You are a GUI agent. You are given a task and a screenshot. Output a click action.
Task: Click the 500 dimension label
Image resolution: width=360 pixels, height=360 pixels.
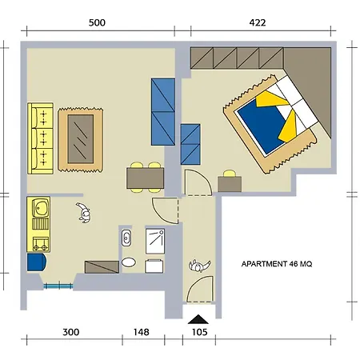pyautogui.click(x=97, y=22)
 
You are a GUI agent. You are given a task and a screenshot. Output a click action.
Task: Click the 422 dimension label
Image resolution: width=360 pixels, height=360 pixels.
pyautogui.click(x=258, y=22)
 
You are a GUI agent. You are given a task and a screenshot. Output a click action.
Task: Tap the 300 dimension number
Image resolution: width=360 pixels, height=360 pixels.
pyautogui.click(x=71, y=332)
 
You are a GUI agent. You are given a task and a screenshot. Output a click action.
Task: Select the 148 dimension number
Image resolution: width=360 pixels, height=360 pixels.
pyautogui.click(x=142, y=332)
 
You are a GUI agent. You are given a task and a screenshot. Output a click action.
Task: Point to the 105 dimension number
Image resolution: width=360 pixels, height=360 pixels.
pyautogui.click(x=200, y=332)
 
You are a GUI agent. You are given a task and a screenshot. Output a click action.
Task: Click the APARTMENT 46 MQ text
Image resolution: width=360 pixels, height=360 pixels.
pyautogui.click(x=277, y=264)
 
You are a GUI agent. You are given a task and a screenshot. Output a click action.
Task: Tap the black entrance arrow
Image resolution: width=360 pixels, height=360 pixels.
pyautogui.click(x=198, y=319)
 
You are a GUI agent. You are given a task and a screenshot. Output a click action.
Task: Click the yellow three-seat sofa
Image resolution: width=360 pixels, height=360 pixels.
pyautogui.click(x=41, y=138)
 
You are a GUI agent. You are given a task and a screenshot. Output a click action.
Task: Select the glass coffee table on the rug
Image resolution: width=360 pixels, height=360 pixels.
pyautogui.click(x=81, y=139)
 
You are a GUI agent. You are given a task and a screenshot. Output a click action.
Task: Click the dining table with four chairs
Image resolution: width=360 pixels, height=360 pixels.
pyautogui.click(x=146, y=178)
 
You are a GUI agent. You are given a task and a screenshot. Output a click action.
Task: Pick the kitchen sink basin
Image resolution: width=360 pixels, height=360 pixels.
pyautogui.click(x=41, y=207)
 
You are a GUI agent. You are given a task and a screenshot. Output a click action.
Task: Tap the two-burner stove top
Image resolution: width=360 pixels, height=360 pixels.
pyautogui.click(x=41, y=244)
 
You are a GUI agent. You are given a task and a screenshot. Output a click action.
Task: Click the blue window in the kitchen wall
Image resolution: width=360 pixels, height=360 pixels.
pyautogui.click(x=58, y=286)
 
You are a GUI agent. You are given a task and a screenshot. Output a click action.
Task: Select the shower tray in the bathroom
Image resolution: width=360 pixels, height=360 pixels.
pyautogui.click(x=155, y=242)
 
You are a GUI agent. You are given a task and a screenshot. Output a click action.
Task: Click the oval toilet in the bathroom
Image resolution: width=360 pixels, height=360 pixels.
pyautogui.click(x=129, y=262)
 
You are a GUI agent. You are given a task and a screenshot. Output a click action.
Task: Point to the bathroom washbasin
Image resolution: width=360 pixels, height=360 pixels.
pyautogui.click(x=126, y=238)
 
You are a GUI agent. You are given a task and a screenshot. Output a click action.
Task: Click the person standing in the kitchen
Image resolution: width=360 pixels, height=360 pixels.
pyautogui.click(x=83, y=213)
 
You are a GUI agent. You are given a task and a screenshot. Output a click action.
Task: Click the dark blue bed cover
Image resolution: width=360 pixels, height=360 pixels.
pyautogui.click(x=260, y=126)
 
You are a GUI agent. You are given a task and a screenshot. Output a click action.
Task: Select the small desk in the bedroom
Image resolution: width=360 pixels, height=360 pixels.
pyautogui.click(x=230, y=184)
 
